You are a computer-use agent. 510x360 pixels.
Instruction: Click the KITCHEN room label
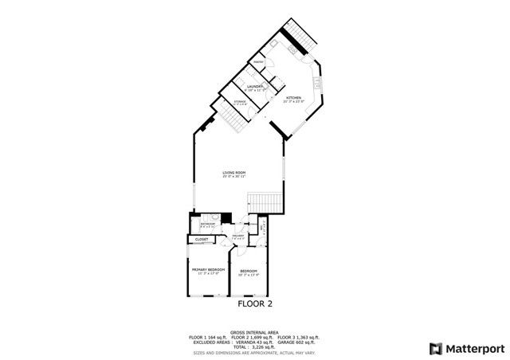pos(293,98)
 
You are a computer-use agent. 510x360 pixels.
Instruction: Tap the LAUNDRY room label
pos(255,86)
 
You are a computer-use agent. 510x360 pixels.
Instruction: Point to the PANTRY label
pos(259,61)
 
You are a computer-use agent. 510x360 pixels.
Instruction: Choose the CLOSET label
pos(202,239)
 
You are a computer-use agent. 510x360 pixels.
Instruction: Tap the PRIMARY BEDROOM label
pos(206,270)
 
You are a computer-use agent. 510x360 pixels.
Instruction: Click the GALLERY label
pos(237,236)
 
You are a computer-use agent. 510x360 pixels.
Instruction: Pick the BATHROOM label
pos(207,225)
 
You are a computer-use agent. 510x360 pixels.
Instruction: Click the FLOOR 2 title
pos(255,303)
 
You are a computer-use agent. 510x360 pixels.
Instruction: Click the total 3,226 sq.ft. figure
pos(255,346)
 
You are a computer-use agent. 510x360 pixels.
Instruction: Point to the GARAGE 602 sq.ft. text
pos(293,342)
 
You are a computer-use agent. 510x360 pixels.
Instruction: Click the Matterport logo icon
pos(434,348)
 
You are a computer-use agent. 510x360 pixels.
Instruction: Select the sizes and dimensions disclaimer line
pos(254,351)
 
